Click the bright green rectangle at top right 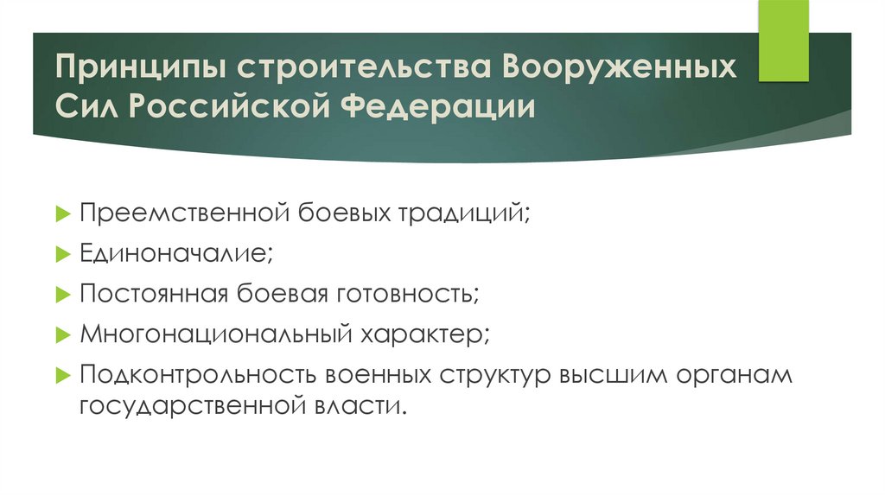(784, 41)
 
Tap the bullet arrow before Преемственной (62, 213)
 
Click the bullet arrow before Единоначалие (62, 254)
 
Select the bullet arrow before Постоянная (62, 295)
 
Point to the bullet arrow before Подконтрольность (62, 376)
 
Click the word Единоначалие (175, 253)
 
